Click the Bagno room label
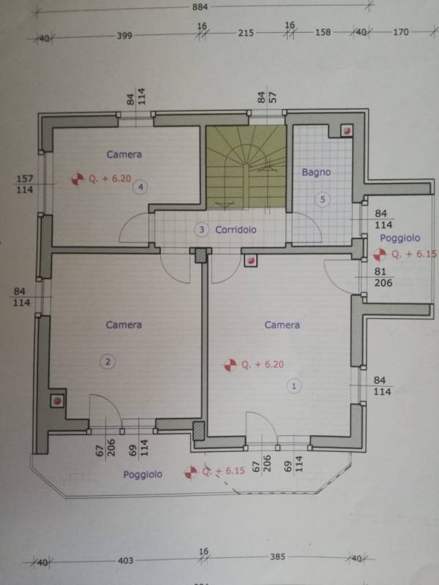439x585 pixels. point(316,173)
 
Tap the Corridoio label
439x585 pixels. point(236,230)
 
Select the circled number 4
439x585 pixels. point(140,187)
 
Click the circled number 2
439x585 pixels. point(108,361)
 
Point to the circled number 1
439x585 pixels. point(294,386)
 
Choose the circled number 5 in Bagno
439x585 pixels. point(323,200)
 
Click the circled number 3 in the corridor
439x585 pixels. point(202,230)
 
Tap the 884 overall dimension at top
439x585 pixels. point(200,7)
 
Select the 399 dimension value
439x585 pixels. point(124,35)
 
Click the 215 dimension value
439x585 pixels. point(246,33)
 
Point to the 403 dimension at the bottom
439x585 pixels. point(125,560)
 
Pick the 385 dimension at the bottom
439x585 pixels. point(277,556)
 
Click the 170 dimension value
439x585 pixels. point(401,32)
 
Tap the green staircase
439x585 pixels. point(247,167)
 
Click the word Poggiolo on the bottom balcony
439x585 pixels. point(143,475)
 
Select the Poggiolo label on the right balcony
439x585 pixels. point(399,238)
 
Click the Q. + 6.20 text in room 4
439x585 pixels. point(110,178)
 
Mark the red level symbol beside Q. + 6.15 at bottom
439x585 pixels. point(191,472)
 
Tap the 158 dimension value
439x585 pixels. point(323,32)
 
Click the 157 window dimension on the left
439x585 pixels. point(25,178)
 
